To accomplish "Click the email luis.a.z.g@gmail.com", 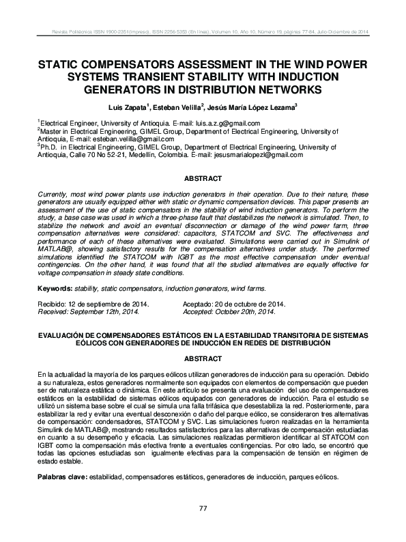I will [x=223, y=124].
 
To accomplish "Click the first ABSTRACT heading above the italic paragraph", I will [x=203, y=179].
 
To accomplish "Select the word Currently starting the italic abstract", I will [x=53, y=195].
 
